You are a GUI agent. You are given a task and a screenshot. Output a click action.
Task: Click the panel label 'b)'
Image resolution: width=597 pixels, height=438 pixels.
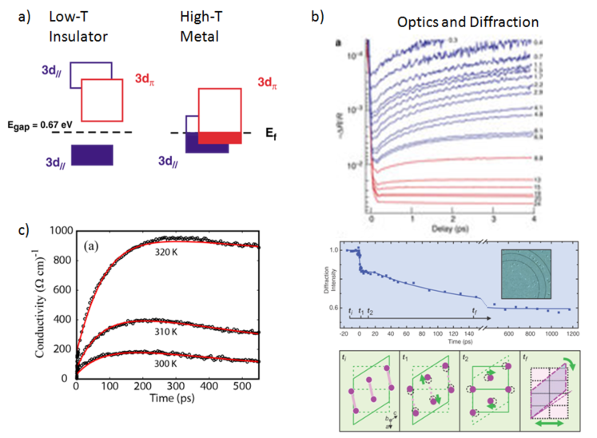[x=317, y=15]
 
